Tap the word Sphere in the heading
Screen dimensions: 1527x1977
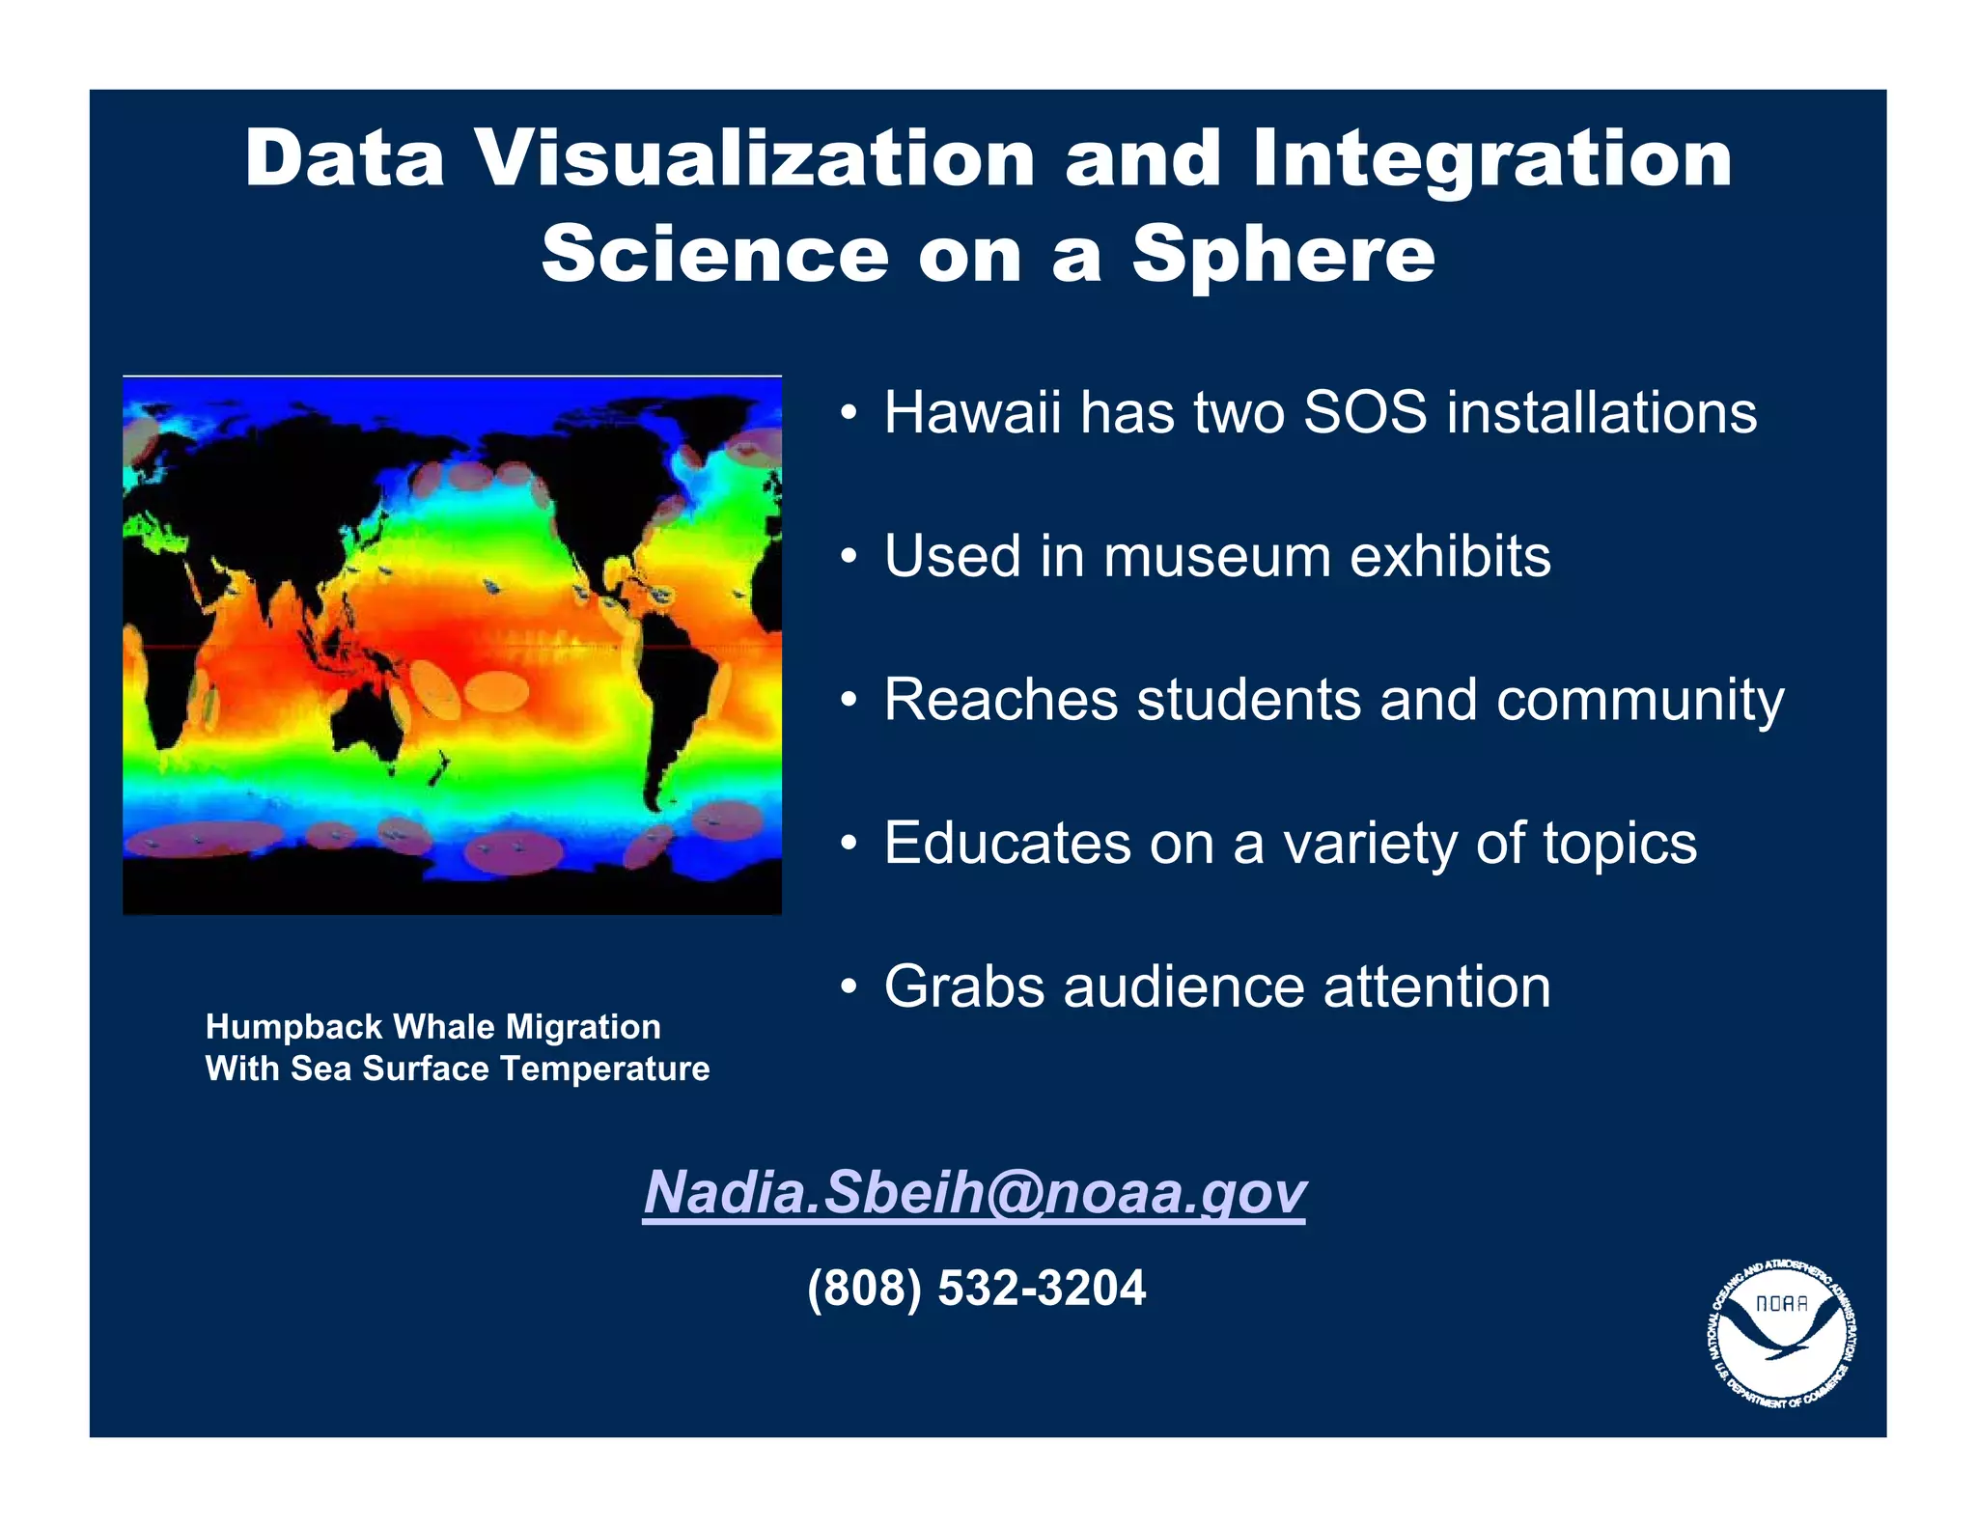(x=1283, y=254)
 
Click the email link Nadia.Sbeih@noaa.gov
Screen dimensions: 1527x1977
(x=974, y=1192)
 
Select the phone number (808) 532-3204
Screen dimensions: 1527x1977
(x=976, y=1288)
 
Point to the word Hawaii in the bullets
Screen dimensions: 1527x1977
(x=972, y=413)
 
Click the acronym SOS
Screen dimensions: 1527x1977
(x=1364, y=413)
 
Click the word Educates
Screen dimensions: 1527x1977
(x=1007, y=844)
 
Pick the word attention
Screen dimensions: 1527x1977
(x=1436, y=987)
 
